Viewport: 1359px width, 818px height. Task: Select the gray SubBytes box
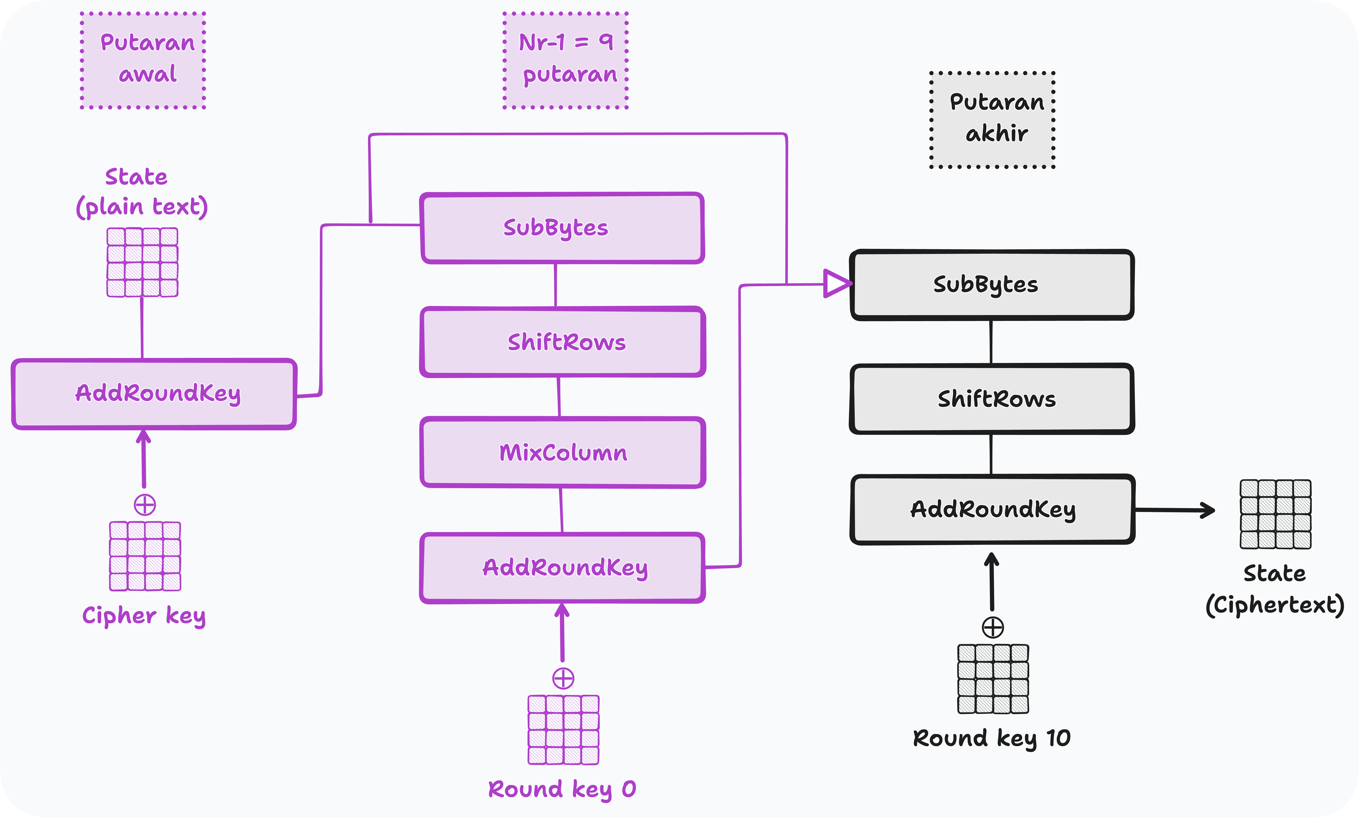tap(992, 285)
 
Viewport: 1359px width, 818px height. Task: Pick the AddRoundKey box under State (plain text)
tap(154, 394)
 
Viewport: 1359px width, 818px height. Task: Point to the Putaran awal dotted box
tap(143, 60)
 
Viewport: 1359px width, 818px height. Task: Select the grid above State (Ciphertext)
tap(1275, 514)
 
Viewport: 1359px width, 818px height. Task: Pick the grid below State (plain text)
tap(142, 262)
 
